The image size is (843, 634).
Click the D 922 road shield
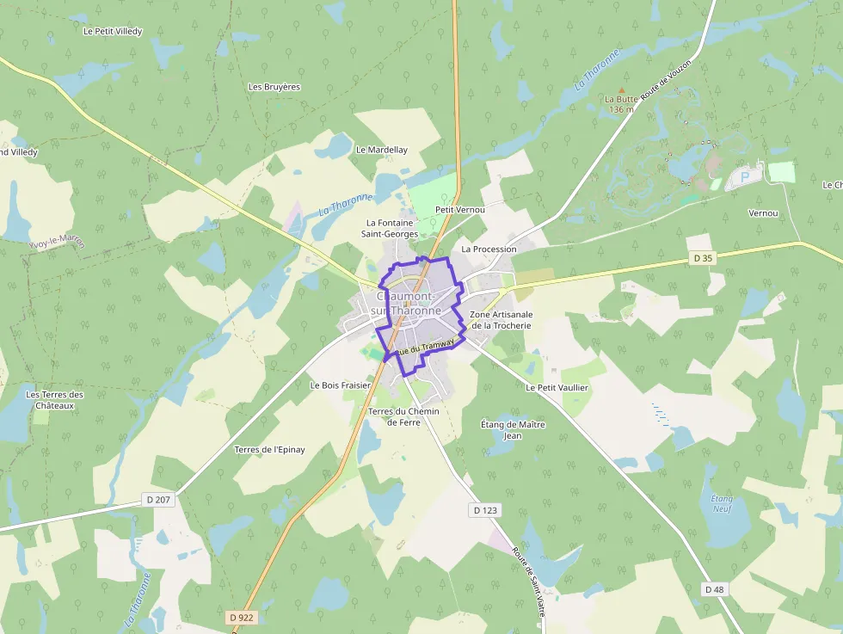[x=243, y=617]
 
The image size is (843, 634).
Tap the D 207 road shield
[x=157, y=499]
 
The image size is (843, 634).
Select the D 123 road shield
[x=485, y=510]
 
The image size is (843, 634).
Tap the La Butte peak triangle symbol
[x=621, y=89]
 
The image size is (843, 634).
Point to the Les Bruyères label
[x=274, y=87]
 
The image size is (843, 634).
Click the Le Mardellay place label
[x=381, y=150]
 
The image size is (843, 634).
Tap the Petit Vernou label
[x=460, y=209]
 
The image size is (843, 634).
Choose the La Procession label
[x=489, y=249]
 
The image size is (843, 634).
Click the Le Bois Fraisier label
[x=340, y=385]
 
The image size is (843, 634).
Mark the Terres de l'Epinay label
[x=269, y=449]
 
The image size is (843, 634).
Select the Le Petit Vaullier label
[x=557, y=387]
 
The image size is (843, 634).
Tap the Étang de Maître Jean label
[x=513, y=429]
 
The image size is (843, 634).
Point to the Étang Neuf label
[x=721, y=503]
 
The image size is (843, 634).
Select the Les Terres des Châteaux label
[x=55, y=400]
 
